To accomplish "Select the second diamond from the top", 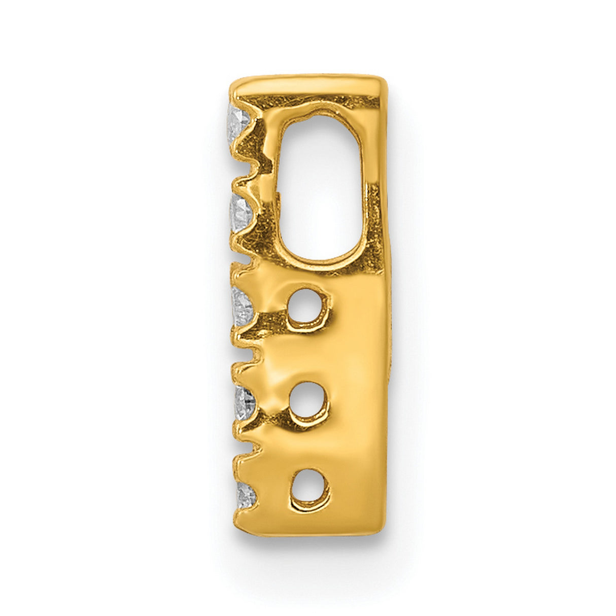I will pos(240,213).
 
